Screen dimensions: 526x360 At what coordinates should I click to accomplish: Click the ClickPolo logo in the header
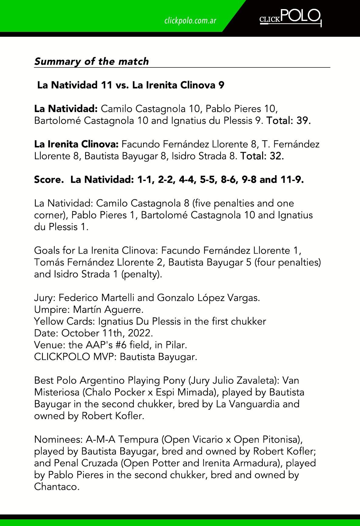point(290,18)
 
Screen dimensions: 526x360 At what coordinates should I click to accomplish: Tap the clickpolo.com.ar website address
point(190,21)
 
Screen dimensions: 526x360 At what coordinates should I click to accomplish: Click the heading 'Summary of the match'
point(91,61)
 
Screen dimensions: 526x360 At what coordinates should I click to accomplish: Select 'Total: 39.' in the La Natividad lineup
point(288,121)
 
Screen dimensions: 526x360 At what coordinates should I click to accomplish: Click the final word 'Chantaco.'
point(57,487)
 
